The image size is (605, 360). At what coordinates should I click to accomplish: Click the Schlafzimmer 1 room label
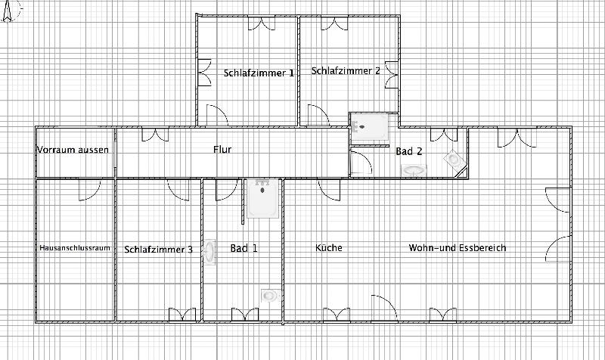click(x=259, y=73)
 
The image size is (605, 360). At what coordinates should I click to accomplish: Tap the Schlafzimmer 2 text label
click(x=346, y=71)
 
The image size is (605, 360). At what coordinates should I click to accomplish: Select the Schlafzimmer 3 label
click(x=159, y=249)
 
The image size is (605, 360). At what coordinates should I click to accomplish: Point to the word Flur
click(x=222, y=150)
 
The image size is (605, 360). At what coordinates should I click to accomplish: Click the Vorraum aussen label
click(x=73, y=150)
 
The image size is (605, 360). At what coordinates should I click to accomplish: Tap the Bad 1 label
click(x=244, y=248)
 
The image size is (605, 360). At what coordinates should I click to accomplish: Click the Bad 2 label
click(x=409, y=151)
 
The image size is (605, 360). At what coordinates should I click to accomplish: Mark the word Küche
click(x=329, y=247)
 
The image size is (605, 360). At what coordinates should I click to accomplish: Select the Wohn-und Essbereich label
click(x=458, y=247)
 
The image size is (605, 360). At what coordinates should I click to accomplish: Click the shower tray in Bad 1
click(x=263, y=197)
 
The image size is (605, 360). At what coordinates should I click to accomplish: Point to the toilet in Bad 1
click(x=268, y=295)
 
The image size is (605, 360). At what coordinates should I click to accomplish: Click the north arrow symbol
click(x=8, y=11)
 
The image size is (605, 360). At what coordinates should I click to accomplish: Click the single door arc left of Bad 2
click(x=361, y=164)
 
